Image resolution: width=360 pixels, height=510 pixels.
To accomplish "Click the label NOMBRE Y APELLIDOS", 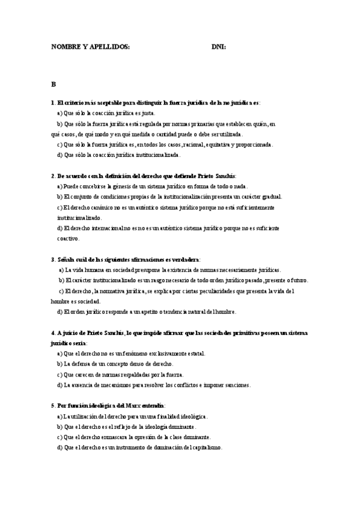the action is pos(90,46).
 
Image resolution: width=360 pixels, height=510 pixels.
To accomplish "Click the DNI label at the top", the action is pos(218,46).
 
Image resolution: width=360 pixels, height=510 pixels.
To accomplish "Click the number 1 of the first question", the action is pos(53,103).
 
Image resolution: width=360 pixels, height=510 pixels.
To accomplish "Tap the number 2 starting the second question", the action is pos(53,176).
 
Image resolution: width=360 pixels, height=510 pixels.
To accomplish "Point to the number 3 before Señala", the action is pos(53,259).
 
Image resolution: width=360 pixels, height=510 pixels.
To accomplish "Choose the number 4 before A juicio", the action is pos(53,333).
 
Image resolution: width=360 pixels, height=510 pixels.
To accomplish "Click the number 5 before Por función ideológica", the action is pos(53,406).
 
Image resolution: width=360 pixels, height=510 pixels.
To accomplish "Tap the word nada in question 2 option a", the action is pos(240,186).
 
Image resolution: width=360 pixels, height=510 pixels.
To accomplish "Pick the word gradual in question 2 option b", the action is pos(270,197).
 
